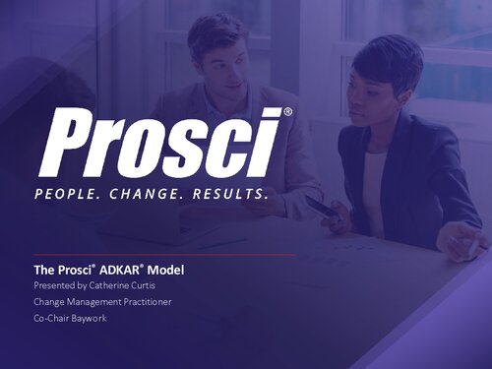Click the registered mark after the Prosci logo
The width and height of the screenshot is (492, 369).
coord(287,113)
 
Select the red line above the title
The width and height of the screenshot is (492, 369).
coord(162,255)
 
